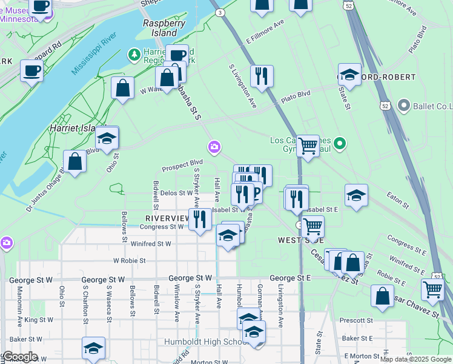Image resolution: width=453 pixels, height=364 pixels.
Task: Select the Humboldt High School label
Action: click(202, 342)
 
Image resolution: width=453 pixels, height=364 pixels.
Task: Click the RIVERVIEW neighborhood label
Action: click(167, 218)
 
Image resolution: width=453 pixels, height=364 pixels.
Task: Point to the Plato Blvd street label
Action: click(296, 94)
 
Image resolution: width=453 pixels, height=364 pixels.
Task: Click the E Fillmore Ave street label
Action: click(265, 32)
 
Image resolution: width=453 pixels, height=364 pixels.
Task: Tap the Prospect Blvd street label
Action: click(182, 163)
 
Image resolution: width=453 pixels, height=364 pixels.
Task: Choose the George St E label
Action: click(289, 278)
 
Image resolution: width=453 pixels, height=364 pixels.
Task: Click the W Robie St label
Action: click(130, 260)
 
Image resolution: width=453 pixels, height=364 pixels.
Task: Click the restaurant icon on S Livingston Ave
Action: click(262, 76)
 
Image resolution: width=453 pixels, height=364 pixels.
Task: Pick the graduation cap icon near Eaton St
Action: click(356, 195)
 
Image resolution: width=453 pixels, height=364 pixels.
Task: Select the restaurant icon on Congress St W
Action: click(200, 218)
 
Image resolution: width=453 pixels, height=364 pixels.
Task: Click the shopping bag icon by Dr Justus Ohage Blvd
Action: click(74, 161)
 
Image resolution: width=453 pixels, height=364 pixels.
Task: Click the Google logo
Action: click(20, 357)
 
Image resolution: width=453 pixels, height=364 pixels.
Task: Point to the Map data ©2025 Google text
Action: click(415, 359)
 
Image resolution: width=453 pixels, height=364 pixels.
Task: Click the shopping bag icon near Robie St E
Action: click(382, 296)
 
